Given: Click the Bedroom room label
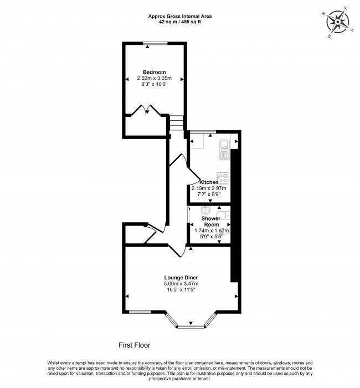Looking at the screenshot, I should coord(155,72).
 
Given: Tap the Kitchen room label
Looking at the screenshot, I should coord(209,182).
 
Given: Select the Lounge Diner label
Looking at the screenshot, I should coord(181,277).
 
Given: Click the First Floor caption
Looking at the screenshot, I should coord(135,345).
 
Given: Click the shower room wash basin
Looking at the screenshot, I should coord(205,211).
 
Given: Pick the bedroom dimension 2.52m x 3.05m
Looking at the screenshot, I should coord(155,78).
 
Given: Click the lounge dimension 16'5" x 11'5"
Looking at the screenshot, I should coord(181,289).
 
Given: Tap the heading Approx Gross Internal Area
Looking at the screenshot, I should coord(180,16).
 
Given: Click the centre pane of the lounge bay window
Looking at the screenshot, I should coord(191,326).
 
